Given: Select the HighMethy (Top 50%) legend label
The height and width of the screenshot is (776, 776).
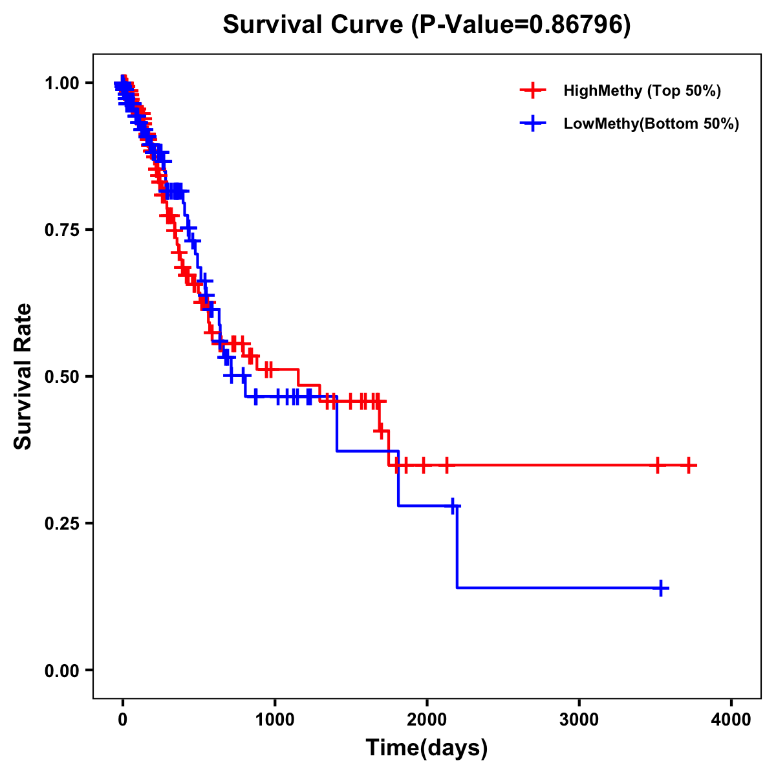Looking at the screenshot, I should pyautogui.click(x=641, y=91).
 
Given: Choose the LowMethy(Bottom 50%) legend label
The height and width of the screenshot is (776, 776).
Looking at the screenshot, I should pyautogui.click(x=651, y=124).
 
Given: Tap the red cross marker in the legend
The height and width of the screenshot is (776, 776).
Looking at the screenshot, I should pyautogui.click(x=533, y=91).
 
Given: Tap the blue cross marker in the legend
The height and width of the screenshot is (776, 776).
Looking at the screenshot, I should pyautogui.click(x=533, y=124).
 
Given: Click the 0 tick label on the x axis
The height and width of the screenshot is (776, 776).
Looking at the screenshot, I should pyautogui.click(x=122, y=720).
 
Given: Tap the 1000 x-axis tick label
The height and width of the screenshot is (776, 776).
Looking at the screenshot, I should pyautogui.click(x=275, y=720).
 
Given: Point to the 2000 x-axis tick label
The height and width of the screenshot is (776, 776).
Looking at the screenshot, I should pyautogui.click(x=427, y=720).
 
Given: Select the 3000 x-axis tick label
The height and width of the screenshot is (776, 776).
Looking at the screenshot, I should pyautogui.click(x=579, y=720).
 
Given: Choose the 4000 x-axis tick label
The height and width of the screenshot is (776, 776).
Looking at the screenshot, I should pyautogui.click(x=731, y=720).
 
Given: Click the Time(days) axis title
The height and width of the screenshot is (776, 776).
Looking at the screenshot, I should pyautogui.click(x=427, y=748).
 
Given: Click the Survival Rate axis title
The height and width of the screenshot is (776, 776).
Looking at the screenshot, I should pyautogui.click(x=23, y=376).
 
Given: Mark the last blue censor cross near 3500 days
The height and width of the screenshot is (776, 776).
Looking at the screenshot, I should pyautogui.click(x=661, y=588).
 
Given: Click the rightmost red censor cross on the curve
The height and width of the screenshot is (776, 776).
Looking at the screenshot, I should pyautogui.click(x=689, y=465).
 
